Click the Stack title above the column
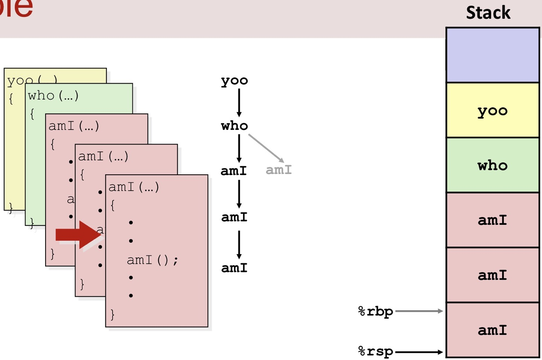[x=488, y=13]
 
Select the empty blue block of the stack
[x=492, y=55]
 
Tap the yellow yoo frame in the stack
[x=492, y=110]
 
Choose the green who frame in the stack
[x=492, y=165]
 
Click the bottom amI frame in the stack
[x=492, y=330]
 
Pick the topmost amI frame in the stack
[x=492, y=220]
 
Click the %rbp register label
[x=375, y=311]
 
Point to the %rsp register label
[x=375, y=351]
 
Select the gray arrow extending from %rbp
[x=419, y=311]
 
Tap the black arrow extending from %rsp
[x=419, y=352]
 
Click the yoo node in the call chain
[x=234, y=81]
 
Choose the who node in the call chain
[x=234, y=125]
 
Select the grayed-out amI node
[x=279, y=170]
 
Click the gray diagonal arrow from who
[x=266, y=148]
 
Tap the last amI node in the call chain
[x=234, y=268]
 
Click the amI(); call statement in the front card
[x=152, y=260]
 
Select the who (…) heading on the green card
[x=53, y=96]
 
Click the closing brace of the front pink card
[x=112, y=314]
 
